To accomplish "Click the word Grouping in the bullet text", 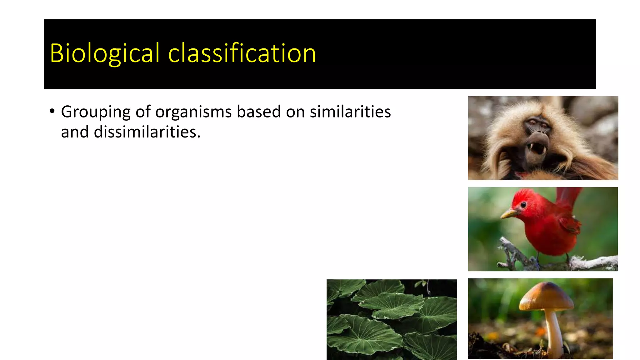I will (96, 112).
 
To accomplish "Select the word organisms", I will (193, 112).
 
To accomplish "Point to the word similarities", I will (350, 112).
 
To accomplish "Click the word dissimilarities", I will (147, 132).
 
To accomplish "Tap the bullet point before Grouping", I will (52, 111).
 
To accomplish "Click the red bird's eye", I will (523, 205).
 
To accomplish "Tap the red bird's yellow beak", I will (509, 214).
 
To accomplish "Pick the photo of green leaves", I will (392, 319).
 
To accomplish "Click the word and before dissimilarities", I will (75, 132).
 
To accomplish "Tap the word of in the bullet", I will (143, 112).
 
